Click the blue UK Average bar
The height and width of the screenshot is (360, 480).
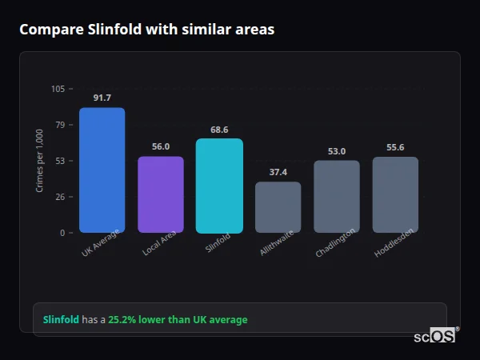102,170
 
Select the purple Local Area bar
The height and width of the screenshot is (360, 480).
161,194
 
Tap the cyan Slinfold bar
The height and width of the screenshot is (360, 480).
219,186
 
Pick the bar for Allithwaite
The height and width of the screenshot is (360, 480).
278,207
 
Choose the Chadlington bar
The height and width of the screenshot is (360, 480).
337,196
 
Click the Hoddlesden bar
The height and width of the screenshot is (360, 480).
395,194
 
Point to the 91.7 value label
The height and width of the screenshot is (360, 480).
102,98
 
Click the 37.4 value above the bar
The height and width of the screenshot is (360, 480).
278,172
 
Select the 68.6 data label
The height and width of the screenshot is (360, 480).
219,130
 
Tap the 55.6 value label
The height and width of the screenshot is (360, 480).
395,147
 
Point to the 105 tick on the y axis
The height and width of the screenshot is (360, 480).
58,89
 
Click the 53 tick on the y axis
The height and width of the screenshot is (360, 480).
60,161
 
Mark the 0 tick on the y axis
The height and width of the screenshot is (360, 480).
62,233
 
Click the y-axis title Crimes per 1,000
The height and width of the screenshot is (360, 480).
40,161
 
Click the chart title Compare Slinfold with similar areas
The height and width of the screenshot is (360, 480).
146,30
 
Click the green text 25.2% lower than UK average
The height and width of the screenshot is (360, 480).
178,320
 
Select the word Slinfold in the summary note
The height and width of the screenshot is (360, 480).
61,320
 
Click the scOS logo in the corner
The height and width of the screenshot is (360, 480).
434,336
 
